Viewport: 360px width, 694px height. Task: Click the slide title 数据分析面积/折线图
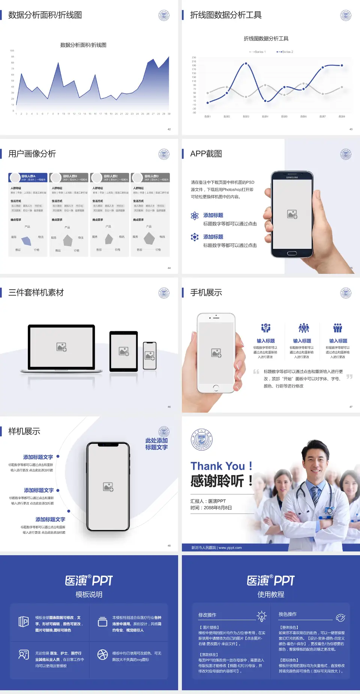click(45, 15)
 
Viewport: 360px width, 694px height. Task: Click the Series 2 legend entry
click(285, 52)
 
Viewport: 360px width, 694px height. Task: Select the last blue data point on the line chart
click(342, 65)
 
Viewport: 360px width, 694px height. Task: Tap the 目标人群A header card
click(28, 177)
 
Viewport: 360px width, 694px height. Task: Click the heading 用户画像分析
click(32, 154)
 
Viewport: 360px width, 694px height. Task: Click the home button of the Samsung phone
click(292, 253)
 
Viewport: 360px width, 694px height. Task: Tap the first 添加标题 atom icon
click(195, 215)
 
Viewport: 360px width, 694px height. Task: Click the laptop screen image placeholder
click(61, 347)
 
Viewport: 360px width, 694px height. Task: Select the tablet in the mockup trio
click(124, 352)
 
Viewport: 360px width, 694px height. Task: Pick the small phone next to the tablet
click(150, 356)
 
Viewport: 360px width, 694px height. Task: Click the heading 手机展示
click(206, 293)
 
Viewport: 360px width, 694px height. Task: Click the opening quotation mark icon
click(256, 372)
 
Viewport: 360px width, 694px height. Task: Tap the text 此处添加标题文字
click(156, 444)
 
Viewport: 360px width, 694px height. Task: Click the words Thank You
click(217, 466)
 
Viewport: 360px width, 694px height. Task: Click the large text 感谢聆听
click(217, 481)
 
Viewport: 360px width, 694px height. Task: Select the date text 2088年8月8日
click(218, 508)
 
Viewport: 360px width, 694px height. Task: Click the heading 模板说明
click(89, 594)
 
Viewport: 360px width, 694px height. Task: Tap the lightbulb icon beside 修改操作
click(261, 616)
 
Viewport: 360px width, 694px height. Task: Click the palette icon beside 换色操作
click(340, 617)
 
